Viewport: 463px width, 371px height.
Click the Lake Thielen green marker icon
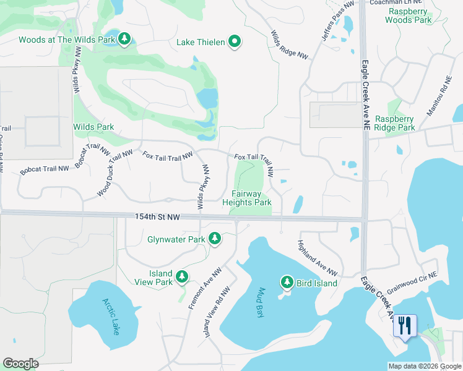pyautogui.click(x=235, y=42)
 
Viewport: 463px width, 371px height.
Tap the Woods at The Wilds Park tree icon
pyautogui.click(x=124, y=40)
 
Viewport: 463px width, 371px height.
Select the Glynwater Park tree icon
pyautogui.click(x=215, y=239)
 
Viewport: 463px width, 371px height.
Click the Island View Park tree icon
pyautogui.click(x=182, y=277)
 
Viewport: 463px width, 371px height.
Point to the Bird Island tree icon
pyautogui.click(x=287, y=283)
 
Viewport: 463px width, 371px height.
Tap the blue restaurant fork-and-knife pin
pyautogui.click(x=405, y=326)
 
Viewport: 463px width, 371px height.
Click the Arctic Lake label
pyautogui.click(x=110, y=316)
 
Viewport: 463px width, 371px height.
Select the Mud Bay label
pyautogui.click(x=259, y=303)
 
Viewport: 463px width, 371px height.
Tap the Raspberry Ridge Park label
pyautogui.click(x=395, y=123)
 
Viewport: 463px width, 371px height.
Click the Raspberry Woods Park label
pyautogui.click(x=408, y=15)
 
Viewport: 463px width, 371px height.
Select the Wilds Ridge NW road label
pyautogui.click(x=290, y=45)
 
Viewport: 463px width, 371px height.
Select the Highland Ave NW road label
pyautogui.click(x=317, y=258)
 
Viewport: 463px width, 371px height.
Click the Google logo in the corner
pyautogui.click(x=20, y=364)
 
